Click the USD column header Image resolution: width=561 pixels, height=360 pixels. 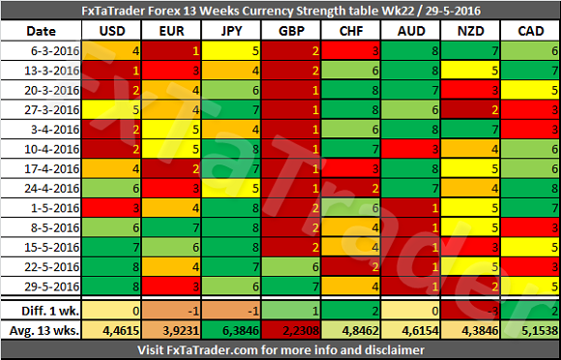(112, 31)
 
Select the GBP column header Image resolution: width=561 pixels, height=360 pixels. (291, 31)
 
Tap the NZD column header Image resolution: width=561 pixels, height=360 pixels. (471, 31)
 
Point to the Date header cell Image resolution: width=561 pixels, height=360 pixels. (42, 31)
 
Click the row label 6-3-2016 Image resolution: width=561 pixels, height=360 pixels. (55, 51)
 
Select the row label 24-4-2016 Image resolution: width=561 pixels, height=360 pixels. (51, 189)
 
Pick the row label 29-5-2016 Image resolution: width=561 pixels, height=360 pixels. (51, 286)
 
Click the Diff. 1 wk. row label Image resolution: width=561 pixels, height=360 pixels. (50, 311)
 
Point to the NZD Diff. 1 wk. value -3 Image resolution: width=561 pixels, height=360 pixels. (492, 311)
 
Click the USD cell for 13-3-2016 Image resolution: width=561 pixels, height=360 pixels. (111, 71)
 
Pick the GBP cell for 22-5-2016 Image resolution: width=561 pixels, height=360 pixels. (291, 266)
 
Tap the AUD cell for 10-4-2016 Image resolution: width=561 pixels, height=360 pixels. (411, 149)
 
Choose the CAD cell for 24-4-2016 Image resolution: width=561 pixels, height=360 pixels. (531, 189)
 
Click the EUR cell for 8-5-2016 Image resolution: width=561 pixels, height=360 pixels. (171, 227)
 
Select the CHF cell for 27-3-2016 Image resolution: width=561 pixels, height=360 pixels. (351, 109)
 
